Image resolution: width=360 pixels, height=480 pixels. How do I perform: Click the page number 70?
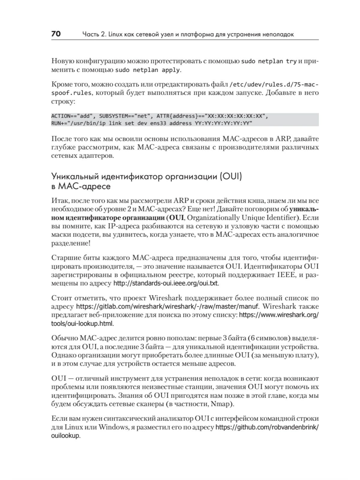56,34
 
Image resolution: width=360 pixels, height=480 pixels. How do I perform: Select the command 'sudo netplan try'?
269,61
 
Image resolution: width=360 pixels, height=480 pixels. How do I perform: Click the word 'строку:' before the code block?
63,102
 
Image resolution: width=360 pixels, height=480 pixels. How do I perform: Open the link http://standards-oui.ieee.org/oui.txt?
166,283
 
